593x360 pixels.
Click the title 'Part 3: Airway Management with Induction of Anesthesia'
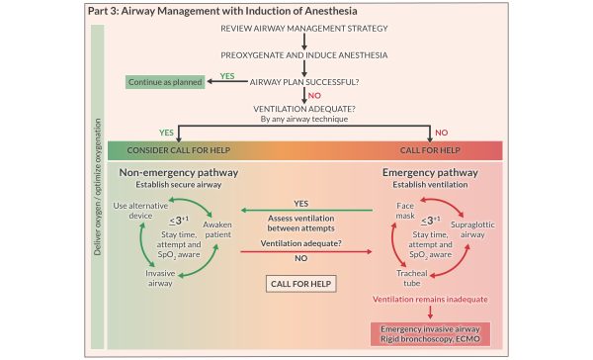click(x=203, y=11)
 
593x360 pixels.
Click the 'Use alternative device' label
click(x=134, y=211)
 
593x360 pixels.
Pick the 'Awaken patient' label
click(x=216, y=229)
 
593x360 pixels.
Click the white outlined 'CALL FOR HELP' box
click(x=296, y=284)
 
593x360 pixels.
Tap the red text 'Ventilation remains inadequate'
click(x=426, y=298)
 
